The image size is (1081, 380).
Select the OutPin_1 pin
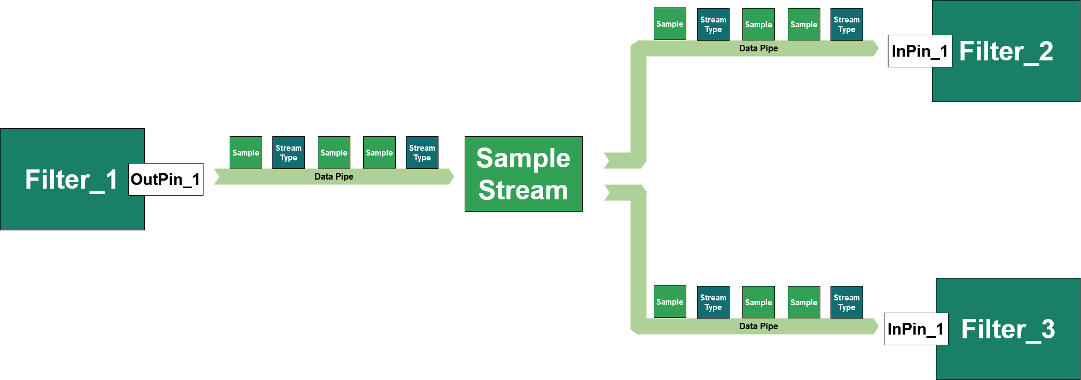coord(166,179)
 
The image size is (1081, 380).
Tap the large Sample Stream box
coord(523,174)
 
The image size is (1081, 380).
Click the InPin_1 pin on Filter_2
coord(920,51)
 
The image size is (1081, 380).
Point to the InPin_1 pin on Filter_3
coord(916,329)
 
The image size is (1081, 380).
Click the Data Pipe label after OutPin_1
coord(334,176)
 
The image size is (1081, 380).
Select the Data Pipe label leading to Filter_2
coord(758,48)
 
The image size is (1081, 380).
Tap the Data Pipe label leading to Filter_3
coord(758,326)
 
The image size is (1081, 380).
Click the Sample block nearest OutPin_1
coord(246,152)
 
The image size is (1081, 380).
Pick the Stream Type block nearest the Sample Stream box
coord(422,152)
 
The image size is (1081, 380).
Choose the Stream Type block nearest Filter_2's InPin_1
coord(847,24)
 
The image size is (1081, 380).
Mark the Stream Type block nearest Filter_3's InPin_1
coord(847,302)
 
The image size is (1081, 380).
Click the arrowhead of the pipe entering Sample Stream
coord(450,176)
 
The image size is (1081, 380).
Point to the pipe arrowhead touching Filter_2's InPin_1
coord(875,48)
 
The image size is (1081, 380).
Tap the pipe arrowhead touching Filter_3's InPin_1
coord(875,326)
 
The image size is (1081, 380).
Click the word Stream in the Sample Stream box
coord(523,190)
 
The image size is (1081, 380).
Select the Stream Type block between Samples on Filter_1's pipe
coord(288,152)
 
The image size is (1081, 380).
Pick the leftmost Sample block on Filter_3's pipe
coord(670,302)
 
